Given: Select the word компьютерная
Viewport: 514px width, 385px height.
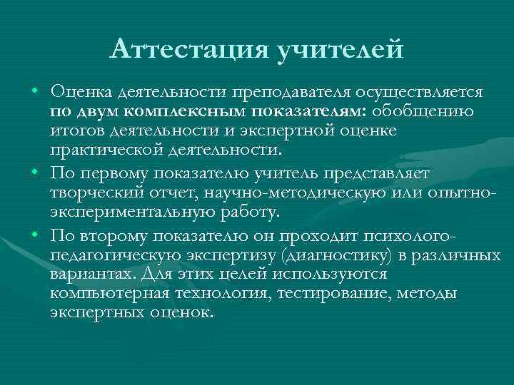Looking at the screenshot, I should pyautogui.click(x=108, y=294).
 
